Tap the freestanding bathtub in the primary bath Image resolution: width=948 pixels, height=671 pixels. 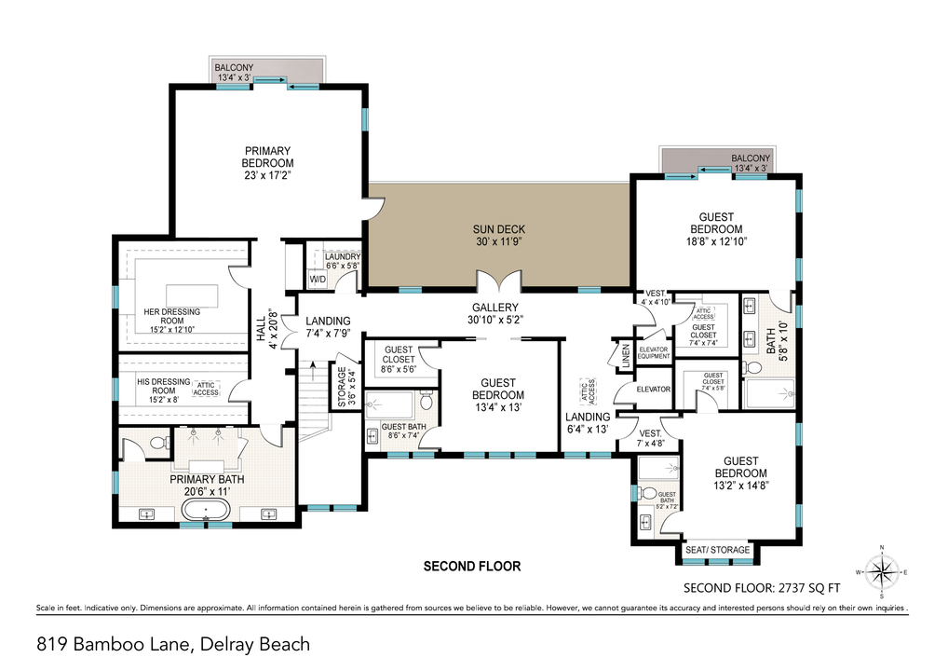coord(207,510)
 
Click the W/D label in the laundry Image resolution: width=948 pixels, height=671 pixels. coord(318,278)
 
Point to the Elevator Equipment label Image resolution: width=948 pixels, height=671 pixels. coord(653,352)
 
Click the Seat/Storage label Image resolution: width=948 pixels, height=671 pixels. coord(717,550)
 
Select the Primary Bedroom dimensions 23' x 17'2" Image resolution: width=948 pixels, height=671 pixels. coord(267,175)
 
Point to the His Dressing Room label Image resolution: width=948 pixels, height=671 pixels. coord(163,386)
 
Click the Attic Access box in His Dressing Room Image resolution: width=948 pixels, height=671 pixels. coord(206,390)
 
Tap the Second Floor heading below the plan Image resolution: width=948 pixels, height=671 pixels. coord(471,566)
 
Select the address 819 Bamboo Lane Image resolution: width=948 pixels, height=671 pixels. coord(173,643)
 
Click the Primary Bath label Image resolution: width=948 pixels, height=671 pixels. coord(207,479)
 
